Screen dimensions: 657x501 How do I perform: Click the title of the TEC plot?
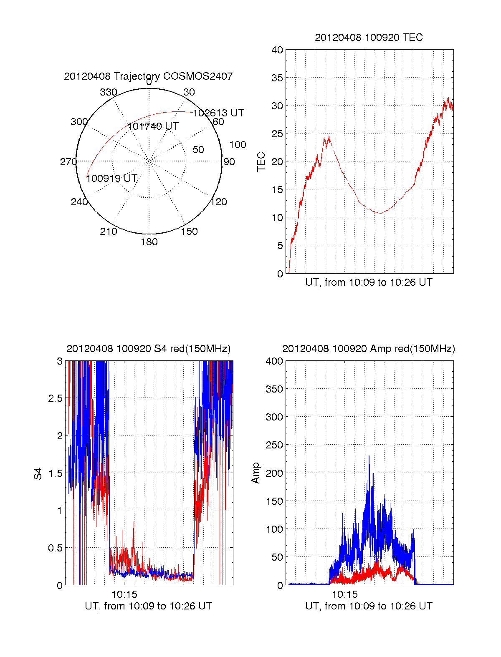point(369,38)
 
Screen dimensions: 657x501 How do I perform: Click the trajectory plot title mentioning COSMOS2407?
point(148,76)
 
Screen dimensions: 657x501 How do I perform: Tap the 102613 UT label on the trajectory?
point(218,113)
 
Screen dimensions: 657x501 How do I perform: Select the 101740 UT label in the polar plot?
point(153,126)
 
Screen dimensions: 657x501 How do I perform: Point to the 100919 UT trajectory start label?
point(111,179)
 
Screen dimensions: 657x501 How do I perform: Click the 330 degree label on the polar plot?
point(108,92)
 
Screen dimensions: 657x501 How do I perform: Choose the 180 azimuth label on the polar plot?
point(149,242)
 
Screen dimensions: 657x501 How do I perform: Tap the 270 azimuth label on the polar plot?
point(68,162)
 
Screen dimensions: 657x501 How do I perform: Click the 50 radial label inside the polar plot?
point(198,150)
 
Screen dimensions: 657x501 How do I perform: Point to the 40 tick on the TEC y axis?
point(277,50)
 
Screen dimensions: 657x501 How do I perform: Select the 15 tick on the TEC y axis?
point(277,190)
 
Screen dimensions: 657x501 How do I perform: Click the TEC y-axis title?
point(261,162)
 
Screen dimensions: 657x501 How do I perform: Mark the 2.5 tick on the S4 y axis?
point(56,398)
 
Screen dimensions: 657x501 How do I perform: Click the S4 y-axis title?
point(38,473)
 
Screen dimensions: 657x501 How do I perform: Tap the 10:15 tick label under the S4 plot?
point(124,594)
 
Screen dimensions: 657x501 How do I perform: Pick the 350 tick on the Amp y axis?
point(274,389)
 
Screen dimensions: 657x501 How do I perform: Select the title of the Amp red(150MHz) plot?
point(369,349)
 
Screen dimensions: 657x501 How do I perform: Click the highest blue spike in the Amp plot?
point(369,456)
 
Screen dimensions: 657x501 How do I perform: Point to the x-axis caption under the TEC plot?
point(369,282)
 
